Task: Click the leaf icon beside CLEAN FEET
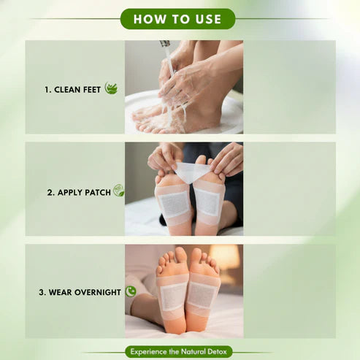point(111,88)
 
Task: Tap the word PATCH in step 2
point(99,193)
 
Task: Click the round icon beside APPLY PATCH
point(118,191)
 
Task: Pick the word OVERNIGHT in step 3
point(96,292)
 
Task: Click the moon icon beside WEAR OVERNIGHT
point(131,291)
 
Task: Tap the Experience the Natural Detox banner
point(179,351)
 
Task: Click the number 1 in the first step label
point(46,90)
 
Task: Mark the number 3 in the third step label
point(42,292)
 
